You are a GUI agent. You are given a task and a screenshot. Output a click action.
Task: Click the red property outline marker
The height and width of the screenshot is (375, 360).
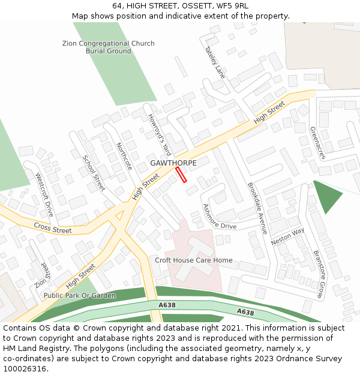tap(181, 175)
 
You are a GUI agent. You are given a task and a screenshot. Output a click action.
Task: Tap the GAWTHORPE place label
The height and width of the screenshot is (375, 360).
tap(173, 163)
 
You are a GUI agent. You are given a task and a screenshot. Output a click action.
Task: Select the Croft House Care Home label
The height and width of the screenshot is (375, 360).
tap(194, 260)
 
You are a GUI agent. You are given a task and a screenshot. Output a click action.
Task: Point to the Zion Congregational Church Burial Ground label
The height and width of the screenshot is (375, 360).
tap(109, 47)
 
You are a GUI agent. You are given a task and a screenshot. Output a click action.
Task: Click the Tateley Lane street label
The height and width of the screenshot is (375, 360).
tap(215, 62)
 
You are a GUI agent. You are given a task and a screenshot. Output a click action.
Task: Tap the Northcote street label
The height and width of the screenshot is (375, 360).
tap(124, 157)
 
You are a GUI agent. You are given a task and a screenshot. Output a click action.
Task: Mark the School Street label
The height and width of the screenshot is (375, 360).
tap(94, 173)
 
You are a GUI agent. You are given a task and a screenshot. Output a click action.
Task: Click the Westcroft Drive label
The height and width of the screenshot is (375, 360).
tap(44, 195)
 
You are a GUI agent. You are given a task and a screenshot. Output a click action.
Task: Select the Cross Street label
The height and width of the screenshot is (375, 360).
tap(52, 229)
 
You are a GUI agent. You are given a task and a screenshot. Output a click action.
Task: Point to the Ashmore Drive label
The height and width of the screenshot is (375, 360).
tap(220, 217)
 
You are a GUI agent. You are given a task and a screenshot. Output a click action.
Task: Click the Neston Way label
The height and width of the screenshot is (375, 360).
tap(287, 237)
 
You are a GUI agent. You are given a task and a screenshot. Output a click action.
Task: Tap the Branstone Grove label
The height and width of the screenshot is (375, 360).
tap(318, 274)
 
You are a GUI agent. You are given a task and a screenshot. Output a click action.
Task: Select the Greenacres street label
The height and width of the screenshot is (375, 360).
tap(317, 143)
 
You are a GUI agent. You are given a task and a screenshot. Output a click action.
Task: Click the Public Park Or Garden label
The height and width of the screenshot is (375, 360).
tap(80, 295)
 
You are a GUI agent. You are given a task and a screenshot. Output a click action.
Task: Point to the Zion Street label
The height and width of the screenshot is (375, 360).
tap(41, 275)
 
